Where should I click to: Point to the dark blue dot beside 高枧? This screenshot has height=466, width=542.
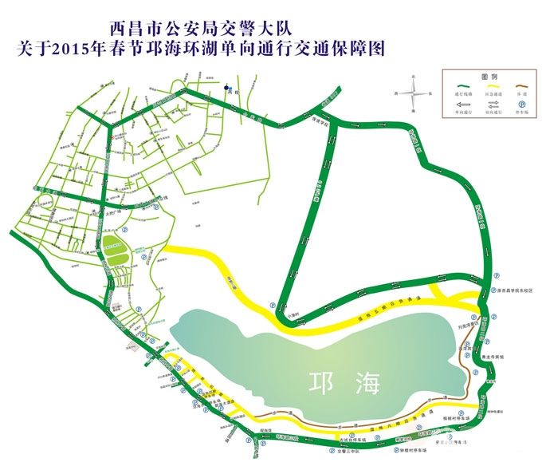pos(226,88)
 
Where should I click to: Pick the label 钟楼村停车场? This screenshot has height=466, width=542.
pos(412,452)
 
